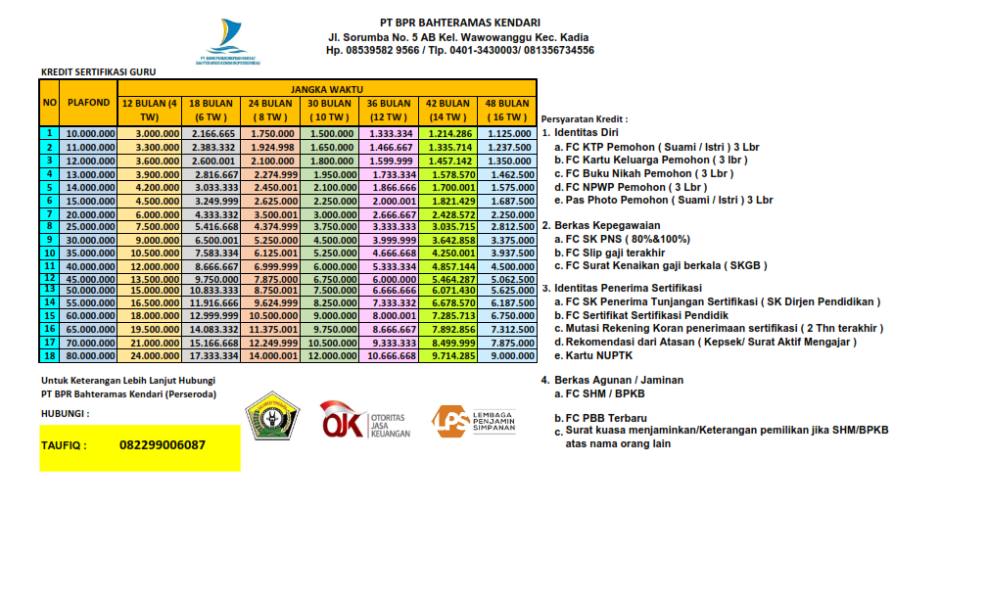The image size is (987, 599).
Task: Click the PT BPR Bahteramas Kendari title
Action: click(459, 23)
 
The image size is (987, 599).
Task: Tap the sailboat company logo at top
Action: click(231, 40)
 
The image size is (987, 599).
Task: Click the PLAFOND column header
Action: click(88, 102)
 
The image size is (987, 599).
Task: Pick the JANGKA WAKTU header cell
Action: click(326, 87)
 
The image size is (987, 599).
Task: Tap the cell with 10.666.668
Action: click(389, 356)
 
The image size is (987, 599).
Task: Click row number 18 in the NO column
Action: click(49, 356)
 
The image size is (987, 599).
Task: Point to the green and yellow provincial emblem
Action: click(273, 416)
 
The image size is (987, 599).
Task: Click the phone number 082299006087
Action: click(163, 445)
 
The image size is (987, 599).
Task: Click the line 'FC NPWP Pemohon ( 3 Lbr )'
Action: click(631, 187)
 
